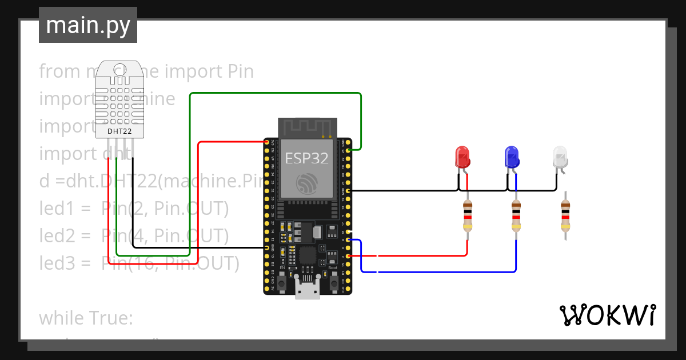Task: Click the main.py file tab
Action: pos(87,25)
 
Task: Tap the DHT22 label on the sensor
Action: pos(119,131)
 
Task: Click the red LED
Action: pos(462,157)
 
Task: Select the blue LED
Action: pos(512,157)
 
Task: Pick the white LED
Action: pos(560,157)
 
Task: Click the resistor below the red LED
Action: pos(468,216)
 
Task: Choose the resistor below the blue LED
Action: pos(516,216)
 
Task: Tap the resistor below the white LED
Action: pos(565,216)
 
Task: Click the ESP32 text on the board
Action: pos(308,157)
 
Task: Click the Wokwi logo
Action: pos(607,315)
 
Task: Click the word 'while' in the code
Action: pos(61,318)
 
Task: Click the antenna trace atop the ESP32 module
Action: pos(308,126)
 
